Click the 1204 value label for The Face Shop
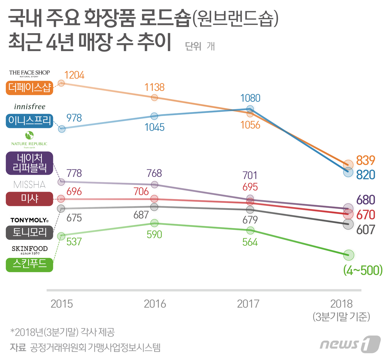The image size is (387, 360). (x=74, y=75)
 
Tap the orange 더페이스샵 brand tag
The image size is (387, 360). (x=29, y=88)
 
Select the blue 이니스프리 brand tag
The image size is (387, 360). (x=29, y=121)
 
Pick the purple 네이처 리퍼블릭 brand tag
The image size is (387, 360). (x=29, y=163)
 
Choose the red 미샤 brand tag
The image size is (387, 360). (x=29, y=199)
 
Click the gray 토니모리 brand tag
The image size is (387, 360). (x=29, y=232)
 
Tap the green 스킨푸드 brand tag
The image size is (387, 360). (x=29, y=265)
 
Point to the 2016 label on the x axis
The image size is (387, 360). (x=155, y=304)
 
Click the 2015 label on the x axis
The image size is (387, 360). (x=62, y=304)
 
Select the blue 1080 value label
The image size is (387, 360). (x=250, y=98)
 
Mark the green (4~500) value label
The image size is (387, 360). (x=363, y=270)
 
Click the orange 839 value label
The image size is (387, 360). (x=365, y=160)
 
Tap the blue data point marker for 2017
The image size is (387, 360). (x=250, y=109)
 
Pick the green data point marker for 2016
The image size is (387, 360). (x=155, y=223)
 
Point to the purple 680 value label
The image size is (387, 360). (x=365, y=200)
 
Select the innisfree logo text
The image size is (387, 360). (x=30, y=107)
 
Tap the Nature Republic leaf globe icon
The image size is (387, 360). (x=29, y=135)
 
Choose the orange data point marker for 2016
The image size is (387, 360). (x=155, y=97)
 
